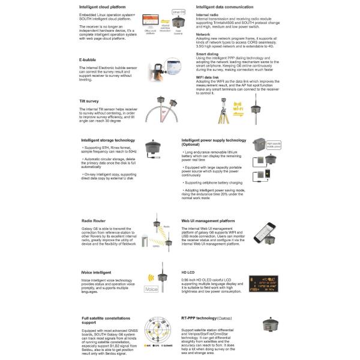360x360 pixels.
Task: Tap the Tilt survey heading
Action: (x=89, y=101)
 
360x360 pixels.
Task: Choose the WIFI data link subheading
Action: (x=208, y=77)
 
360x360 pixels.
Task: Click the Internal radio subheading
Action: (x=207, y=14)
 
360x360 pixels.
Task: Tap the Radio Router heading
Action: (x=94, y=221)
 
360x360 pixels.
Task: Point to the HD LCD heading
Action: (x=189, y=272)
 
